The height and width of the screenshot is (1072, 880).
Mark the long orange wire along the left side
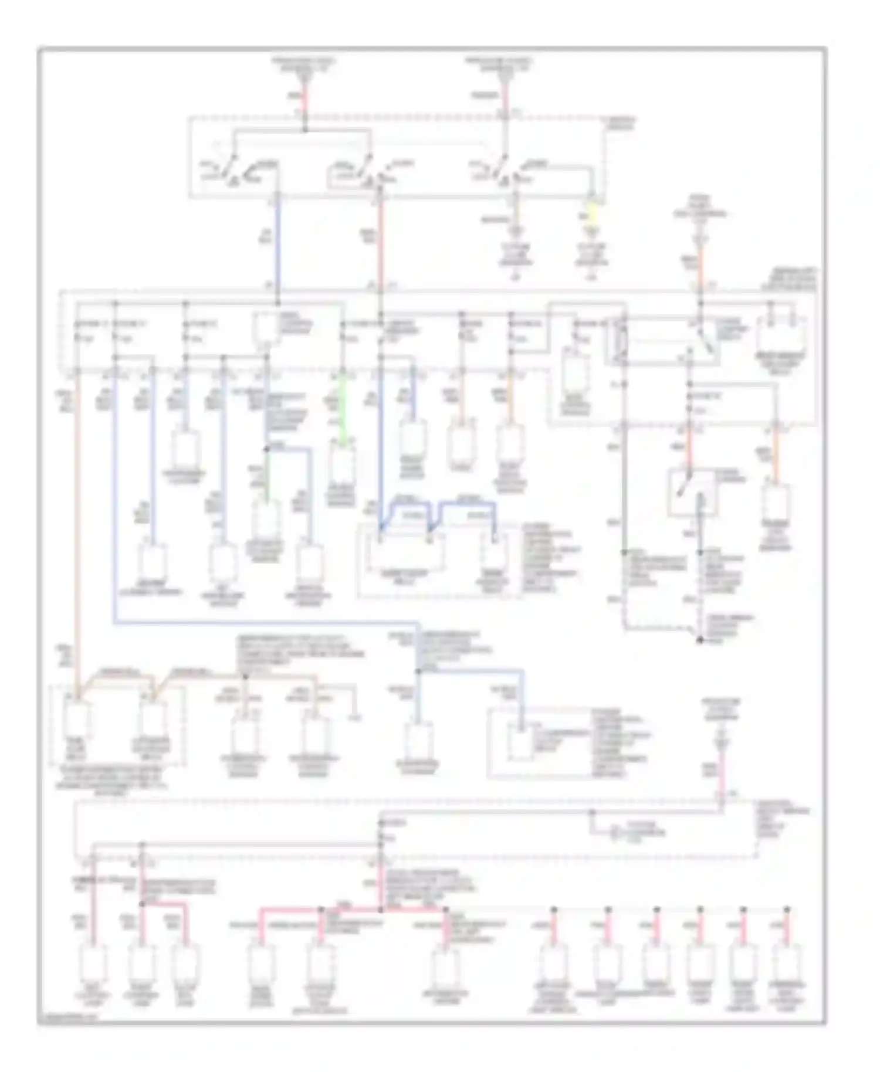pyautogui.click(x=77, y=528)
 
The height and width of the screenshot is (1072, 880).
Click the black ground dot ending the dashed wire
pyautogui.click(x=700, y=640)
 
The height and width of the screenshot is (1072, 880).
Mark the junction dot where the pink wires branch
pyautogui.click(x=381, y=910)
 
